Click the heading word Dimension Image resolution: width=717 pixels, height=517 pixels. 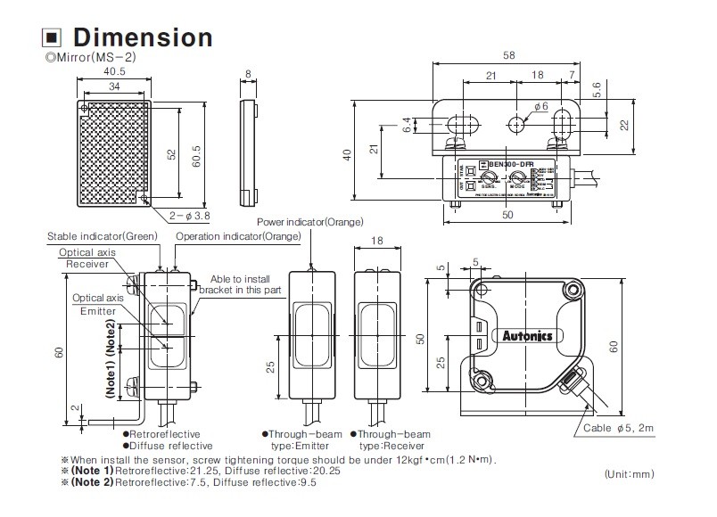[x=142, y=37]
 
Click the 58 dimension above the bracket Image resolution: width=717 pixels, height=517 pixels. [x=508, y=55]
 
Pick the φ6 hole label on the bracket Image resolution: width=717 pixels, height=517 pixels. [x=540, y=106]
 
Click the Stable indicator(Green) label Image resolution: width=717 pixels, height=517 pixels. [x=103, y=236]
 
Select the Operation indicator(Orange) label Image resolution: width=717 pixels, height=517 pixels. [x=226, y=236]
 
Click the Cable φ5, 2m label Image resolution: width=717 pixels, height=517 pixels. [x=619, y=429]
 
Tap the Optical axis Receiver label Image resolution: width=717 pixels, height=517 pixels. [x=86, y=258]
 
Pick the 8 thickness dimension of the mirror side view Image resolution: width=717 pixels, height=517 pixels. [x=248, y=74]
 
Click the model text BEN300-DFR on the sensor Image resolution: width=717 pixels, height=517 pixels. [x=505, y=165]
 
